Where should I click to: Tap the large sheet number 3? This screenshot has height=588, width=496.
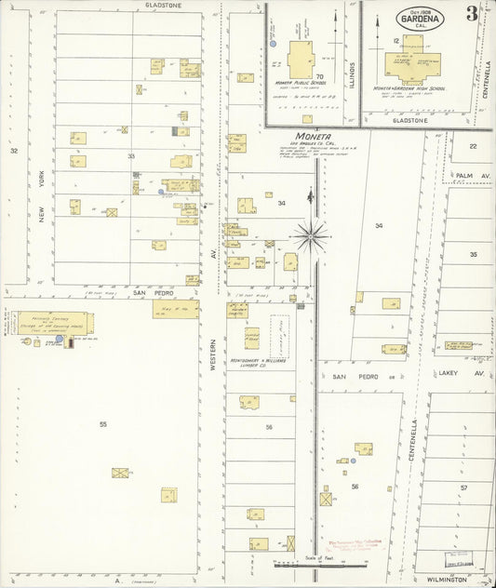tap(474, 13)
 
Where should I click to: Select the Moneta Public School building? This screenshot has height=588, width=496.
tap(301, 60)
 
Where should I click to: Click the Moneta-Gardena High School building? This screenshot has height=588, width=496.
tap(409, 65)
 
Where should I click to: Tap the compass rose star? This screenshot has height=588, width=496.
tap(311, 235)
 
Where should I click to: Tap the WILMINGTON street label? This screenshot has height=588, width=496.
tap(448, 579)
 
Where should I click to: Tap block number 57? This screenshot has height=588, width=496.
tap(462, 488)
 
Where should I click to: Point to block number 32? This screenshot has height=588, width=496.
tap(14, 150)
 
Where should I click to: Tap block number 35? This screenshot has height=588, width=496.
tap(473, 253)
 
